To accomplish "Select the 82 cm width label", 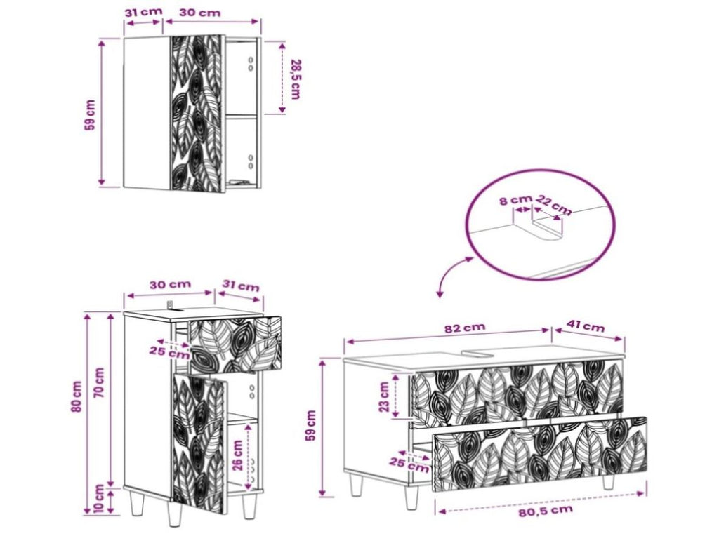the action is [465, 328].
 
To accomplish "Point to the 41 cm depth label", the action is [586, 327].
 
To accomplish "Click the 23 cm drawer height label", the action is [384, 396].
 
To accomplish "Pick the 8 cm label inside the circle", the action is [515, 200].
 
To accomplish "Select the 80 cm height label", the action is [77, 396].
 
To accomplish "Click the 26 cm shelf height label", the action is [237, 455].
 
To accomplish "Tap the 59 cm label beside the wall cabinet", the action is [90, 115].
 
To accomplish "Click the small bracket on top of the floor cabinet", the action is [171, 304].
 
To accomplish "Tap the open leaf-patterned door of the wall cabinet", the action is [197, 113].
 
